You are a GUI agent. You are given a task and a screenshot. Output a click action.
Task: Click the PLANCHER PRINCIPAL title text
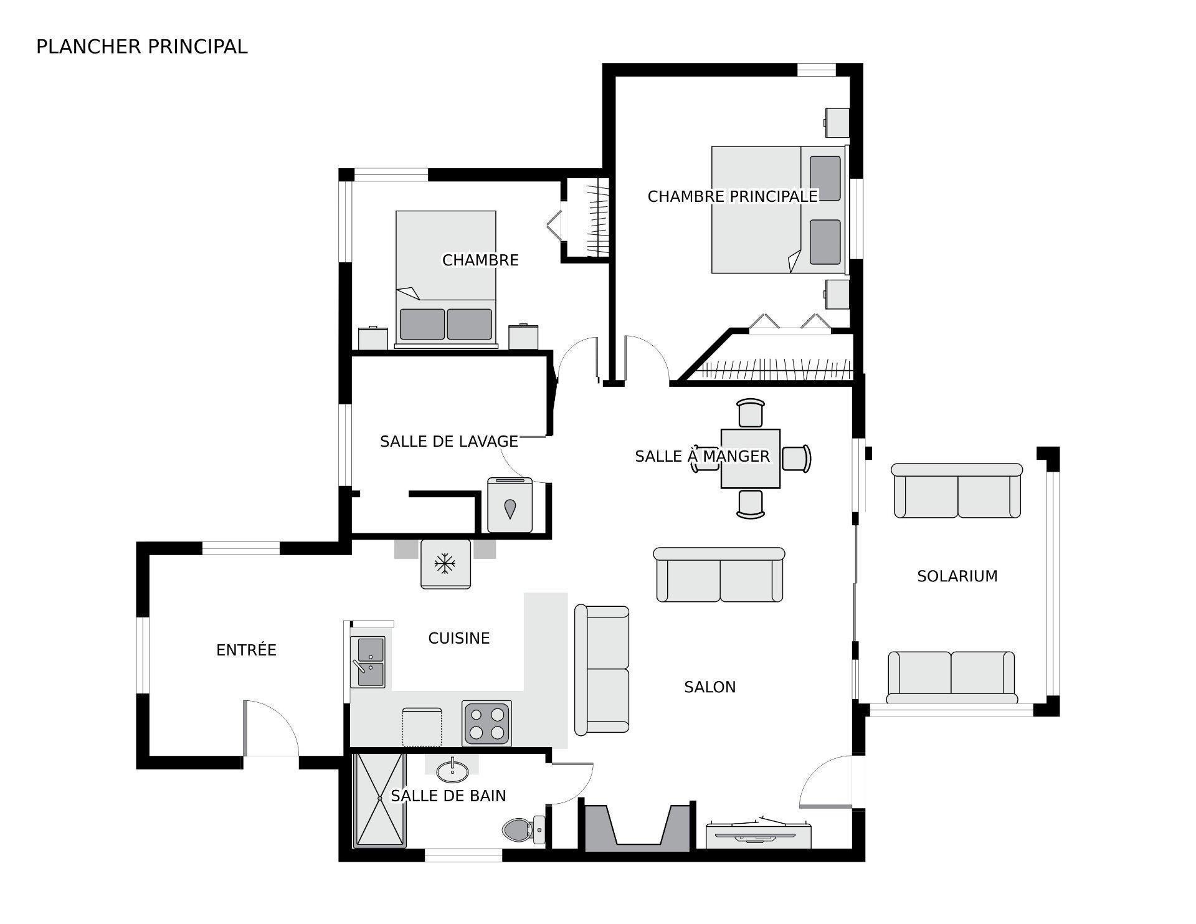tap(141, 47)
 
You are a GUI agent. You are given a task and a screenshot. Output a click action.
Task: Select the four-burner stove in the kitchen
tap(486, 723)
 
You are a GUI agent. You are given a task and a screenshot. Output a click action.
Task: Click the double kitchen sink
tap(368, 662)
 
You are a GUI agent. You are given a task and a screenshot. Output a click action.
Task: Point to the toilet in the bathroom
tap(522, 829)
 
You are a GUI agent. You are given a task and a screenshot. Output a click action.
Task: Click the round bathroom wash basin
tap(452, 773)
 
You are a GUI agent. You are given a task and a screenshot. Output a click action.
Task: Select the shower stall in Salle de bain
tap(379, 801)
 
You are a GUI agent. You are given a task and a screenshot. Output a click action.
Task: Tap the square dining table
tap(750, 459)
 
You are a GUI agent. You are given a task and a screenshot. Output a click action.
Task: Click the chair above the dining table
tap(750, 412)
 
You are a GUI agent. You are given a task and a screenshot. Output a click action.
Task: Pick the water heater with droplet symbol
tap(510, 506)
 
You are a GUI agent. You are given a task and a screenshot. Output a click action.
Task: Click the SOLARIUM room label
tap(957, 576)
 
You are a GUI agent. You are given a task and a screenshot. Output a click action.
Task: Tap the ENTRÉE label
tap(246, 650)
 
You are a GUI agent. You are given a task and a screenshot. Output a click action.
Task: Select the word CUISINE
tap(459, 638)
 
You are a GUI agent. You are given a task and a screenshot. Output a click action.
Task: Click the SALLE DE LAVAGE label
tap(449, 441)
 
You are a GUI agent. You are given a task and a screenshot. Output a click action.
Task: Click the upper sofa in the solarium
tap(957, 491)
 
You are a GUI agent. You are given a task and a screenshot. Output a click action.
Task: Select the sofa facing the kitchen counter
tap(602, 669)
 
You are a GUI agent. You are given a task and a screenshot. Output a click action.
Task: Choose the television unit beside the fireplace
tap(758, 834)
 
